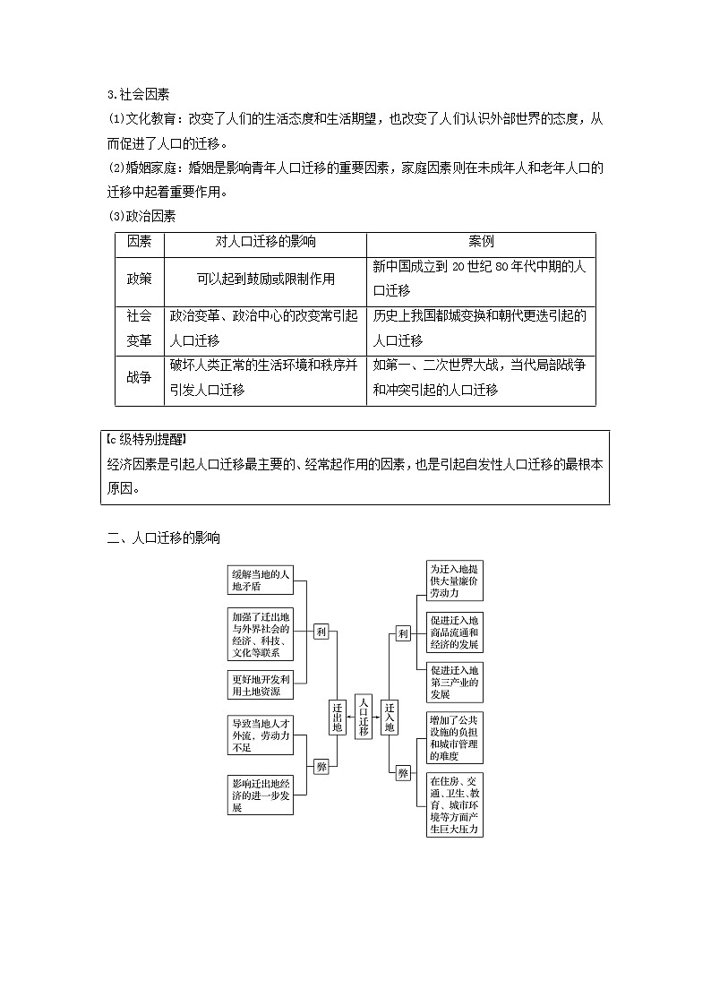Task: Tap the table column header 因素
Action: click(x=139, y=242)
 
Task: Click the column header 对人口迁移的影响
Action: click(x=265, y=242)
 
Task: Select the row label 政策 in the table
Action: click(x=139, y=279)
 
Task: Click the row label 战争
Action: click(x=139, y=377)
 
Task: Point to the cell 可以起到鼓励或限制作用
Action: click(x=265, y=279)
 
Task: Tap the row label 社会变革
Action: click(x=139, y=328)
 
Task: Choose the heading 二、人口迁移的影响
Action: click(x=163, y=537)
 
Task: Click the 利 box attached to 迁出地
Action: click(x=321, y=631)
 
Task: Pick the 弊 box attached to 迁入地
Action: click(x=403, y=773)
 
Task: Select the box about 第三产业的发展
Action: click(x=454, y=682)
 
